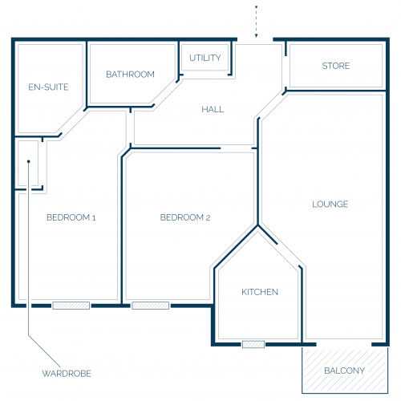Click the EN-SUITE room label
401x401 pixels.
[x=48, y=87]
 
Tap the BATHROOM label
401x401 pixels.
[x=130, y=74]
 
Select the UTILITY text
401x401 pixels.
[x=205, y=58]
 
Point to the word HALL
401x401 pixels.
[x=213, y=109]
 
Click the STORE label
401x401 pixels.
[x=336, y=66]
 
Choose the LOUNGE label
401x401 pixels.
[x=330, y=205]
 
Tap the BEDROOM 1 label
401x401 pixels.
[x=71, y=217]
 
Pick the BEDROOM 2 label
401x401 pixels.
[x=185, y=217]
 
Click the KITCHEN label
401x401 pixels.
[x=260, y=292]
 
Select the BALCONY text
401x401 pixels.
[x=344, y=371]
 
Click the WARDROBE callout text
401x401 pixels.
[x=67, y=374]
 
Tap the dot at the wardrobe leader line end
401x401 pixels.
[x=29, y=161]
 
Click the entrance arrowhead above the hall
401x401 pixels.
[x=256, y=35]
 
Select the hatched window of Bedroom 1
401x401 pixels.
[x=71, y=306]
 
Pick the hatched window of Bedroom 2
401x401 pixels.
[x=151, y=306]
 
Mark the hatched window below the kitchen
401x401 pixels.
[x=253, y=344]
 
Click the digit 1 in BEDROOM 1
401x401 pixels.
[x=94, y=218]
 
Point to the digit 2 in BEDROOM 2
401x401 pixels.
[x=208, y=218]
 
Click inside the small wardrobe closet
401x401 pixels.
[x=28, y=174]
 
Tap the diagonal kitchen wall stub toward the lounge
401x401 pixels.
[x=268, y=235]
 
